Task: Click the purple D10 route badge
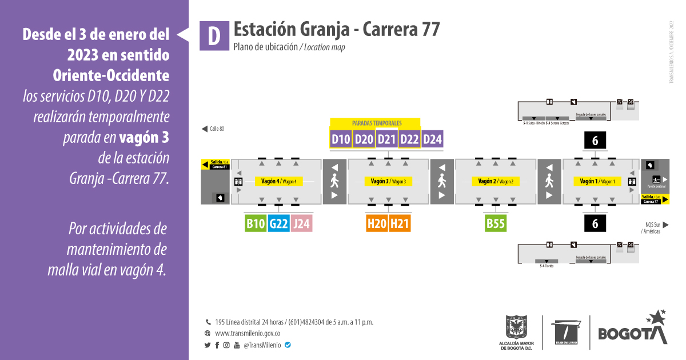[341, 139]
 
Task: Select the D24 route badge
[433, 139]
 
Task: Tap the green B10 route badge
[256, 223]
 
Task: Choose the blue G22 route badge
[278, 223]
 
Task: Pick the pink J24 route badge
[301, 223]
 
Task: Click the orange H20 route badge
[377, 223]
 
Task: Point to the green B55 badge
[495, 223]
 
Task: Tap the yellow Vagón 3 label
[388, 181]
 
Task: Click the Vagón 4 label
[278, 181]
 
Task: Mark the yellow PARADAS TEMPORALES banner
[376, 123]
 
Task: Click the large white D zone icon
[213, 36]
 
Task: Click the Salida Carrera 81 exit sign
[215, 165]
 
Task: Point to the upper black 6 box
[595, 141]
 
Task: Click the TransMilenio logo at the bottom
[566, 331]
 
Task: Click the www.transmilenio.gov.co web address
[248, 333]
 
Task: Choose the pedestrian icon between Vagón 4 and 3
[335, 182]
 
